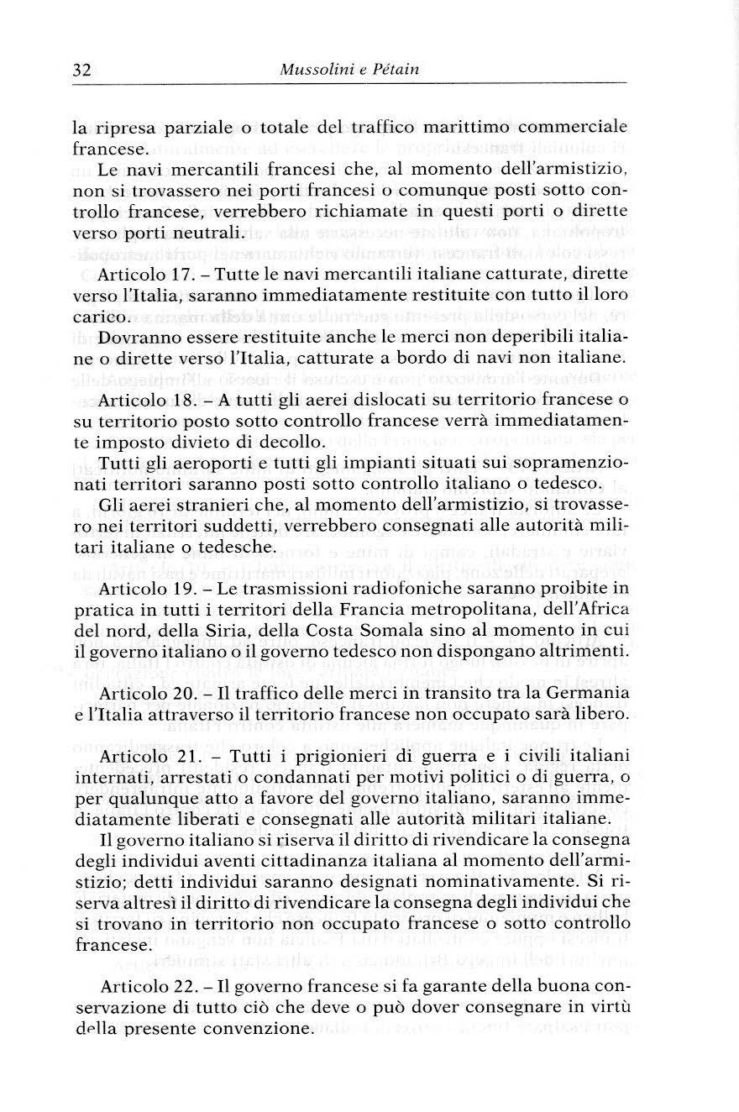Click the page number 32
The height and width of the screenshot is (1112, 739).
coord(81,71)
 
